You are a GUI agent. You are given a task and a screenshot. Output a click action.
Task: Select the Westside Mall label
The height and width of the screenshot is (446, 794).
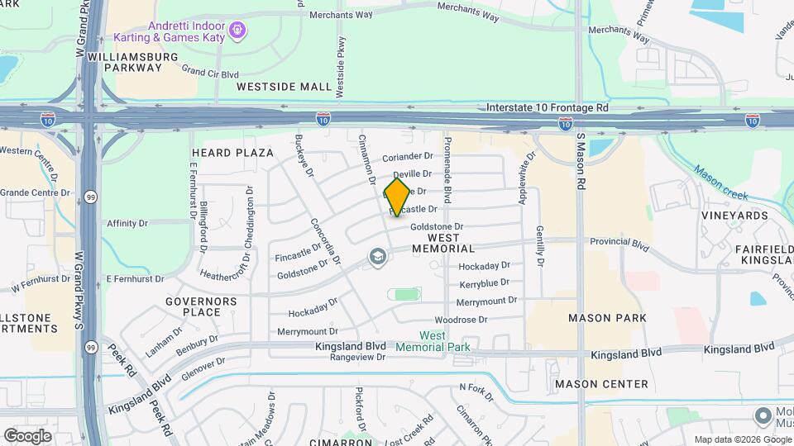284,86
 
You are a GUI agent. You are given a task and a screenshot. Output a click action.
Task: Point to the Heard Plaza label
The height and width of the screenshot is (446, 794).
232,153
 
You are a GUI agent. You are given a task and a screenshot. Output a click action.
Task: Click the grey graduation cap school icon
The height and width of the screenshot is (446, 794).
378,259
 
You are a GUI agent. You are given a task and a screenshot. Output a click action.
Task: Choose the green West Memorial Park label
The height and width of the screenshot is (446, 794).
433,341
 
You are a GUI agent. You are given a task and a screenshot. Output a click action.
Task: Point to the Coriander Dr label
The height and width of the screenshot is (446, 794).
408,156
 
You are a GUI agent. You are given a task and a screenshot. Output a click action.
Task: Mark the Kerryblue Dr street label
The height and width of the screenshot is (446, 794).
478,283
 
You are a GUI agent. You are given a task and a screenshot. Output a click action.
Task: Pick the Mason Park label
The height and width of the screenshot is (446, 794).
600,317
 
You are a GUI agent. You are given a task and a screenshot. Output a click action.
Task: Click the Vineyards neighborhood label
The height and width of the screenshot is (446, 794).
734,216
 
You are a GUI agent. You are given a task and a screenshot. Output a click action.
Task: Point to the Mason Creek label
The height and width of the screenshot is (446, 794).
720,183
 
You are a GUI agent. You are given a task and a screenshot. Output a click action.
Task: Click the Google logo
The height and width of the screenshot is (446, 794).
27,435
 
